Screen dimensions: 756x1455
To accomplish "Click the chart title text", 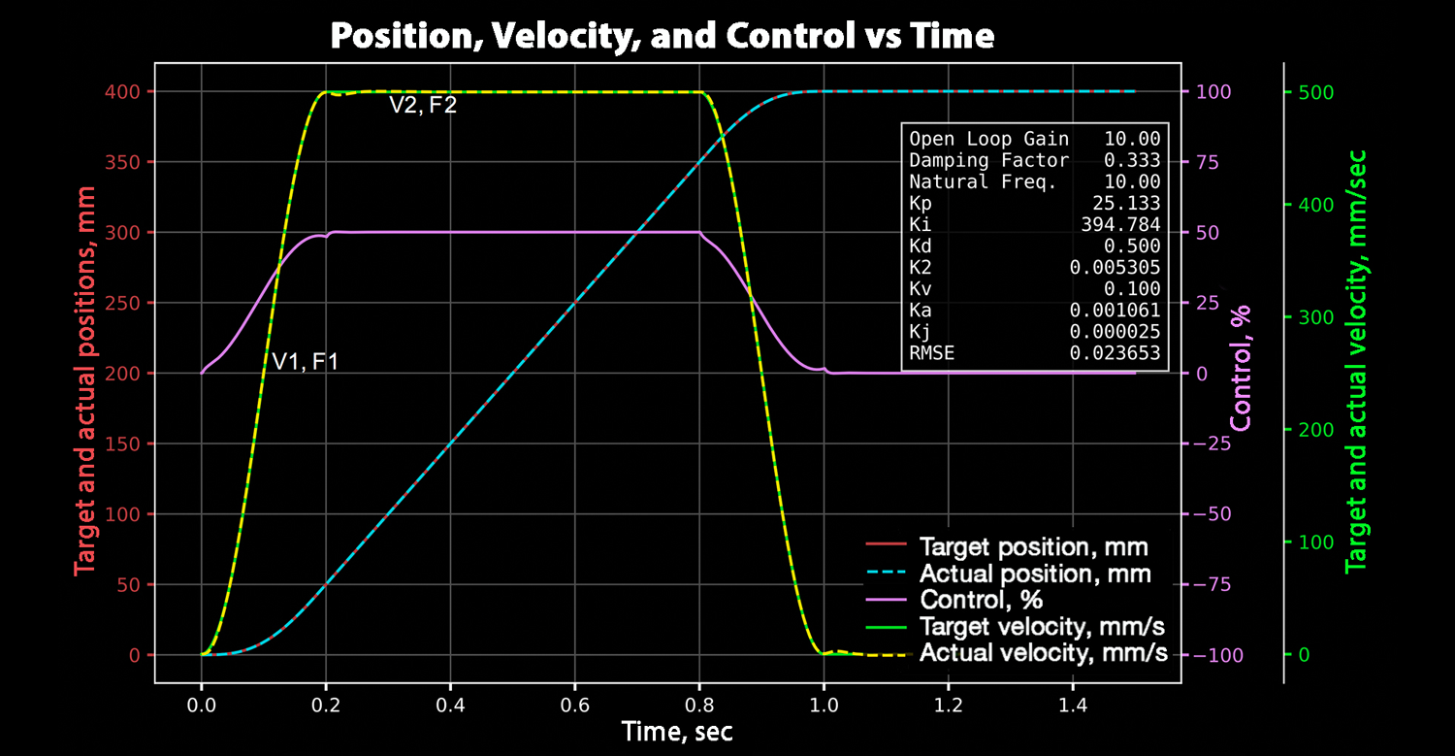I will (x=663, y=36).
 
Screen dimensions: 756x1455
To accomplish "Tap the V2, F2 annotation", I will (x=423, y=105).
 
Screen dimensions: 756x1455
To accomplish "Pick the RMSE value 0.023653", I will (x=1115, y=353).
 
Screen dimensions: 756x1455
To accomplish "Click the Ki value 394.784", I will (x=1124, y=224).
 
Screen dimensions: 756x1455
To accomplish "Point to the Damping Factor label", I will (x=988, y=160).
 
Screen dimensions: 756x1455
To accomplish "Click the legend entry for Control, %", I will (x=981, y=600).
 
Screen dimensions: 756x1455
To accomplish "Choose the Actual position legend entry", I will (x=1035, y=574).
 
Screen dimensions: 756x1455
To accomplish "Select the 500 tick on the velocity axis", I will (x=1315, y=92).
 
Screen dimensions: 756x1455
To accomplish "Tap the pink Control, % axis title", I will (x=1241, y=368).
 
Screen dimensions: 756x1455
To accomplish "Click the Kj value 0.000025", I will (x=1115, y=332).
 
